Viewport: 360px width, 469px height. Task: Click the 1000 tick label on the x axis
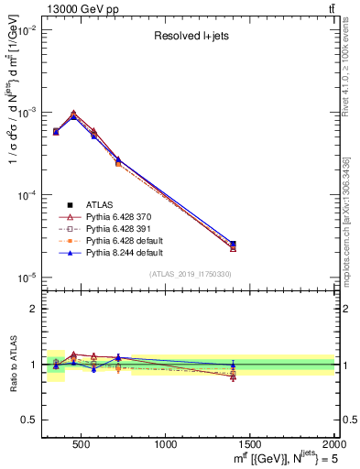click(166, 446)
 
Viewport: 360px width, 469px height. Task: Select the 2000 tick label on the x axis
click(333, 446)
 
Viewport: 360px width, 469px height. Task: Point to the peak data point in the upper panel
click(73, 116)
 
